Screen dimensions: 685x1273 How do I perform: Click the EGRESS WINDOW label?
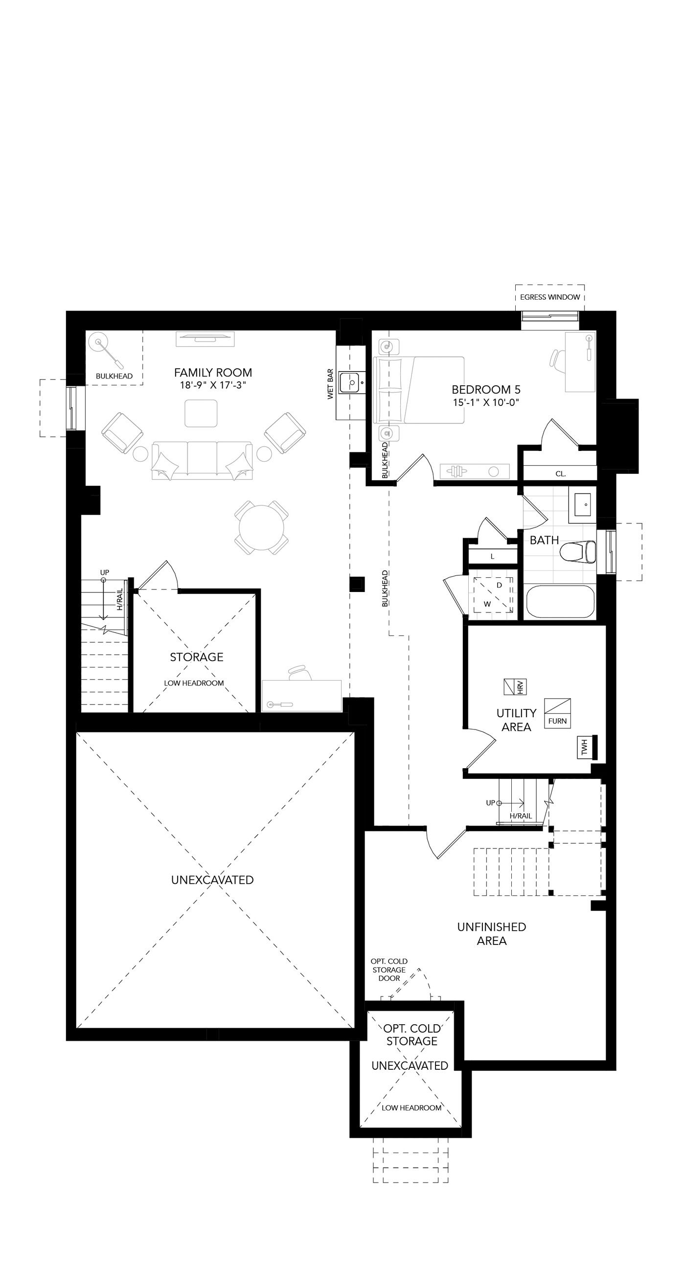pos(549,297)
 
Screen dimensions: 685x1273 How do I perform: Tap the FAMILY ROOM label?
pos(213,373)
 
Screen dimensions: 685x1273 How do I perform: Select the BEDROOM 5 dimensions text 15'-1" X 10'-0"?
pos(486,402)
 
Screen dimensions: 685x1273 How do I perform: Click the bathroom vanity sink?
pos(583,505)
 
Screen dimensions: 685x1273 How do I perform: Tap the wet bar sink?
pos(350,382)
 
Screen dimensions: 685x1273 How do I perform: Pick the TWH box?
pos(585,748)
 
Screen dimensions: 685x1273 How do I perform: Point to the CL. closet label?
pos(560,473)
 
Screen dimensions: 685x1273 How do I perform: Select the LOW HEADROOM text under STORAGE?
pos(194,683)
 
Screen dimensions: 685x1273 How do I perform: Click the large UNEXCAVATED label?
pos(212,880)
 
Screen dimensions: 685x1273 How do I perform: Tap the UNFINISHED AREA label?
pos(491,934)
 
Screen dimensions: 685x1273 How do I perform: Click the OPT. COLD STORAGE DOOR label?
pos(389,969)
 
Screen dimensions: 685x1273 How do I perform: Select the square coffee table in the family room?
pos(201,414)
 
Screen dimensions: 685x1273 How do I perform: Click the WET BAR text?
pos(330,384)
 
